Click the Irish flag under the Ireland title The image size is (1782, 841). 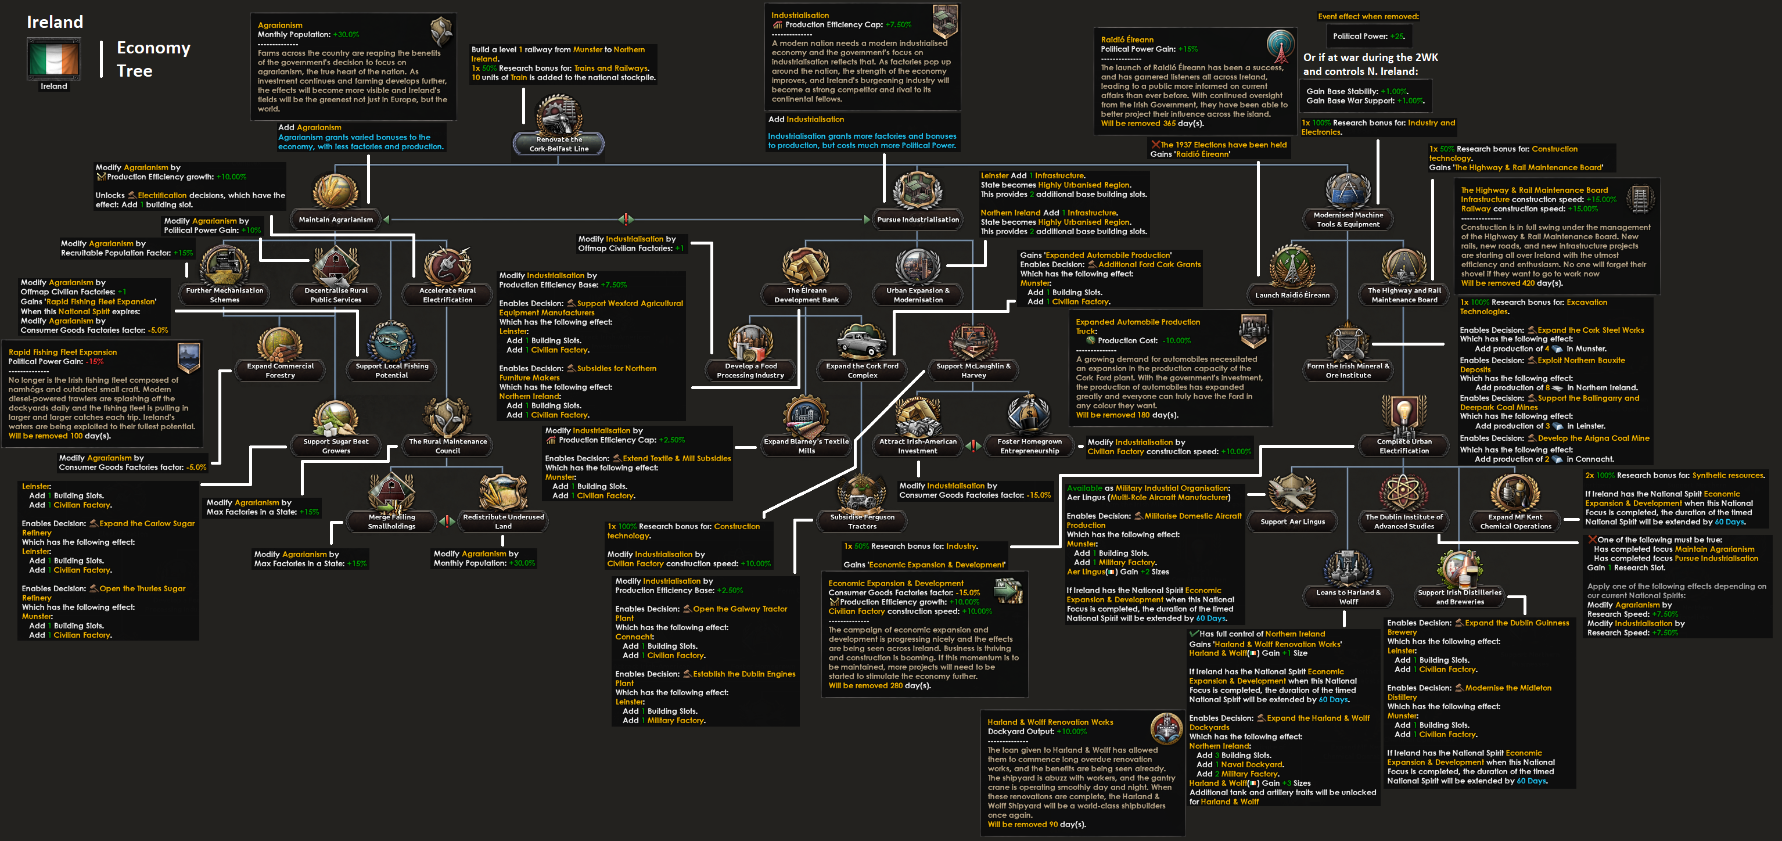tap(54, 58)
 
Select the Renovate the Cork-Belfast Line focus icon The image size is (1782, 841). tap(559, 116)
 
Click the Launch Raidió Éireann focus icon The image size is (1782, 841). tap(1292, 266)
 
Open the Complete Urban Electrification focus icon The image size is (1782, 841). tap(1404, 416)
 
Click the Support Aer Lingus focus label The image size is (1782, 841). tap(1292, 522)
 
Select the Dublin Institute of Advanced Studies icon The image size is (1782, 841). tap(1404, 493)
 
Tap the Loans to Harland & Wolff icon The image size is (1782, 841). tap(1348, 568)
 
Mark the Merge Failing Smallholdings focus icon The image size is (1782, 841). tap(391, 493)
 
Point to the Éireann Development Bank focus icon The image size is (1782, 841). tap(806, 266)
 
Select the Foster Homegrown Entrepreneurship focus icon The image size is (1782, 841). tap(1029, 416)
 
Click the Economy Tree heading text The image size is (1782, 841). tap(153, 59)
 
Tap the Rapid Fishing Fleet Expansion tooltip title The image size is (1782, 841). tap(62, 352)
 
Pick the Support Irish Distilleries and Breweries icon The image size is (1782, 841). tap(1460, 568)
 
